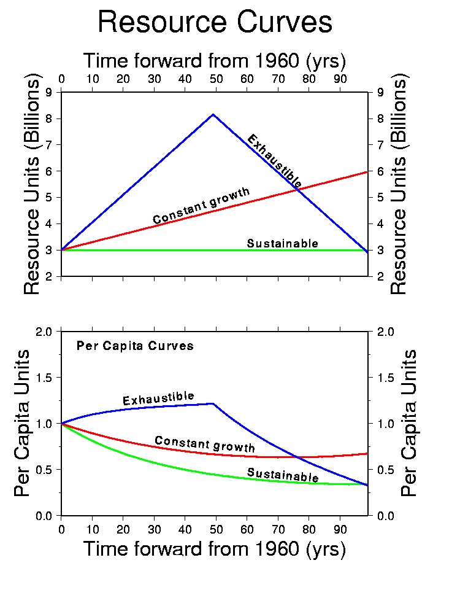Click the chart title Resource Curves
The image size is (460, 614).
[215, 23]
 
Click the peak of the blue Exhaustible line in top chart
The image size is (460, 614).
[213, 114]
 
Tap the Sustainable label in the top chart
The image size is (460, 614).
[282, 244]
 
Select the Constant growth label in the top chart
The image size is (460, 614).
[201, 206]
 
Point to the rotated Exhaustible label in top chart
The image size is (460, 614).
[274, 161]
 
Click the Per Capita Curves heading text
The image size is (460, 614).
[135, 346]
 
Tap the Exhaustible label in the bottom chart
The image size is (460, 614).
[158, 399]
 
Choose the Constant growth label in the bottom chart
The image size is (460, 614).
[204, 443]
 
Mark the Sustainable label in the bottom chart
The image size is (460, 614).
[283, 475]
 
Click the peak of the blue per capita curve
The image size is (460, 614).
[213, 403]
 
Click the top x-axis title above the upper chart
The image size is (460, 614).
[215, 61]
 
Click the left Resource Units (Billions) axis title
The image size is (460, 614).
[32, 184]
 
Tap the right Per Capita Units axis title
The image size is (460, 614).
[409, 423]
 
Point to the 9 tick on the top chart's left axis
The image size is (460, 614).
[53, 92]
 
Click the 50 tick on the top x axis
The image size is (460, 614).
[215, 79]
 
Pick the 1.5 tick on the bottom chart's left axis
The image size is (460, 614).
[49, 378]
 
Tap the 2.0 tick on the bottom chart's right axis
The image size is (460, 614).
[380, 332]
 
